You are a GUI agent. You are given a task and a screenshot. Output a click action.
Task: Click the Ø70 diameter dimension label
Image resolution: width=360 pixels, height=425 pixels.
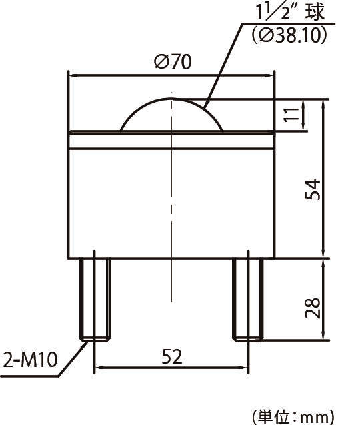coord(172,62)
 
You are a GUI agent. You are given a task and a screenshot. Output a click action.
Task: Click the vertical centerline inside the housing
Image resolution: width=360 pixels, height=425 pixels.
coord(171,200)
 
